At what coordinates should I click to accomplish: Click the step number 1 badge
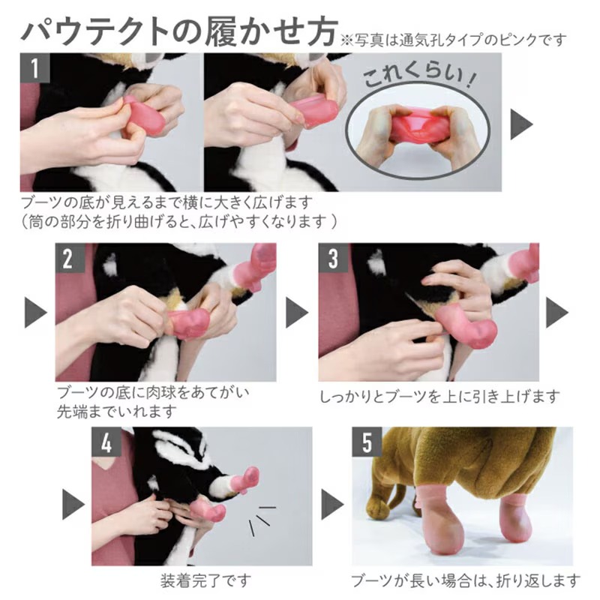[34, 67]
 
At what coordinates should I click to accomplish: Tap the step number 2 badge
[70, 258]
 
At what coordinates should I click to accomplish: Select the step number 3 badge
[333, 258]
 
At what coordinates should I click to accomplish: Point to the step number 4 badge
[106, 442]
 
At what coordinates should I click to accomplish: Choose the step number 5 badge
[367, 442]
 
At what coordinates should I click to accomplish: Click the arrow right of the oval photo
[521, 124]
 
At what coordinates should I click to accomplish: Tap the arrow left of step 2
[35, 312]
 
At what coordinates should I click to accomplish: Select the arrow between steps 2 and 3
[297, 312]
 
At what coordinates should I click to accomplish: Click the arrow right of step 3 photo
[557, 312]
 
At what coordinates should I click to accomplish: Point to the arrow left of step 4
[73, 504]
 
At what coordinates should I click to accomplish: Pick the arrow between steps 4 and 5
[332, 504]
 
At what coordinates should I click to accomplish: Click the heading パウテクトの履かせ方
[179, 31]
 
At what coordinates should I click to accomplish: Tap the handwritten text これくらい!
[419, 76]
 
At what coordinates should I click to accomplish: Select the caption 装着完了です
[205, 580]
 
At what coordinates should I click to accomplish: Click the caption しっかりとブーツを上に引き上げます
[439, 397]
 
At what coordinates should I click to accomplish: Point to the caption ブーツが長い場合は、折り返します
[466, 580]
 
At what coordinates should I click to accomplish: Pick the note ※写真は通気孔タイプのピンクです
[453, 40]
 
